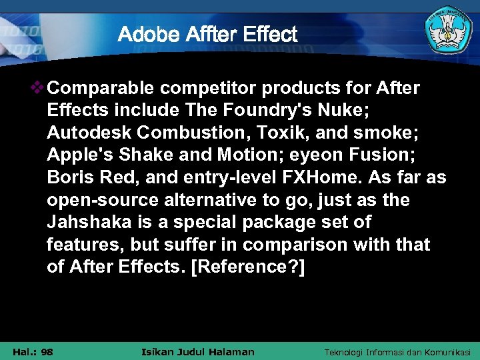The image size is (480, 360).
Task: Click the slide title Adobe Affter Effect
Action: click(x=207, y=34)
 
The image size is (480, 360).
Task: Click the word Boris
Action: click(x=68, y=178)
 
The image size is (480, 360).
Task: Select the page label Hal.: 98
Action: click(x=33, y=351)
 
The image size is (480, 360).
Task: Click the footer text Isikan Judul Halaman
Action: click(x=199, y=351)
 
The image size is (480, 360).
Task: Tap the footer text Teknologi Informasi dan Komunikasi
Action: click(x=397, y=351)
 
